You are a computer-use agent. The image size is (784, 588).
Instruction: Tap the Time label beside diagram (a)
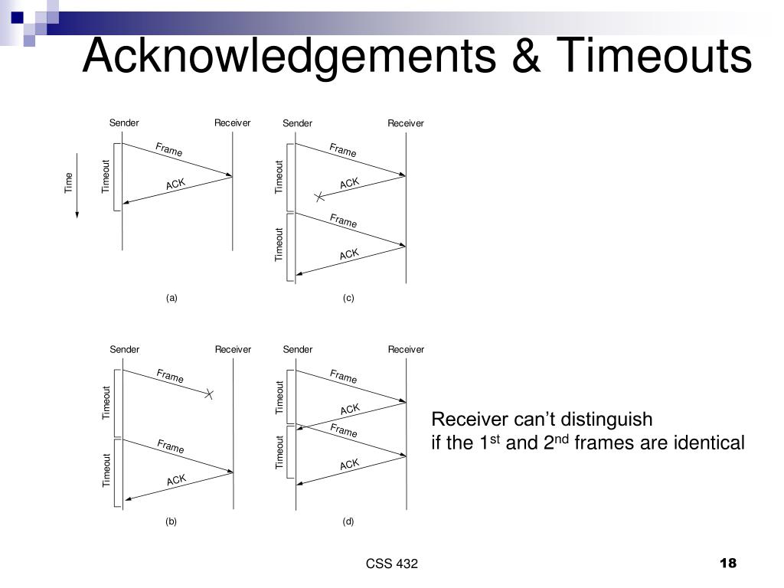[x=69, y=182]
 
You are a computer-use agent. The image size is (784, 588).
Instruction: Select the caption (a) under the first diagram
[x=171, y=299]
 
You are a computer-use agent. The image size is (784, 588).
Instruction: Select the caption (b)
[x=171, y=521]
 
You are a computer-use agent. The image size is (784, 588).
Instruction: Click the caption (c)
[x=348, y=299]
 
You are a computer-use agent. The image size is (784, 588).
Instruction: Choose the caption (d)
[x=348, y=521]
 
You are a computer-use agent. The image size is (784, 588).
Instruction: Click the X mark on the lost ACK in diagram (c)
[x=319, y=198]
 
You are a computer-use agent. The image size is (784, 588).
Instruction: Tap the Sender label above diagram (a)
[x=124, y=123]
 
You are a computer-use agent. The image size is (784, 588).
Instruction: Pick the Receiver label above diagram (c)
[x=406, y=123]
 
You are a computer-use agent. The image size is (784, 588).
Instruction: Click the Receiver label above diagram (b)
[x=233, y=349]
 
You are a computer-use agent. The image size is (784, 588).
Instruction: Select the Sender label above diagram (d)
[x=297, y=349]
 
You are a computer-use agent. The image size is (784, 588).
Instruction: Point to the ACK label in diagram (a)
[x=175, y=184]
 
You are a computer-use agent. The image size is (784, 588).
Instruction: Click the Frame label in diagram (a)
[x=169, y=150]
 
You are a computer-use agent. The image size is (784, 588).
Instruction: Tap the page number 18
[x=727, y=563]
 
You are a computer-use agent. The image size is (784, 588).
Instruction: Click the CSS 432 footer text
[x=392, y=564]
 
